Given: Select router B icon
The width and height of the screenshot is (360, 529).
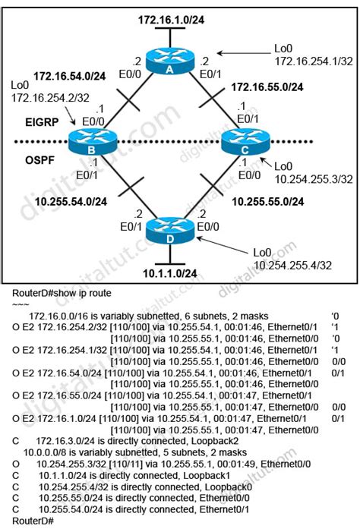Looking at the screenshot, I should pyautogui.click(x=91, y=141).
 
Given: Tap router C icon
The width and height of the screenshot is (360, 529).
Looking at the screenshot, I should pyautogui.click(x=245, y=141).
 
